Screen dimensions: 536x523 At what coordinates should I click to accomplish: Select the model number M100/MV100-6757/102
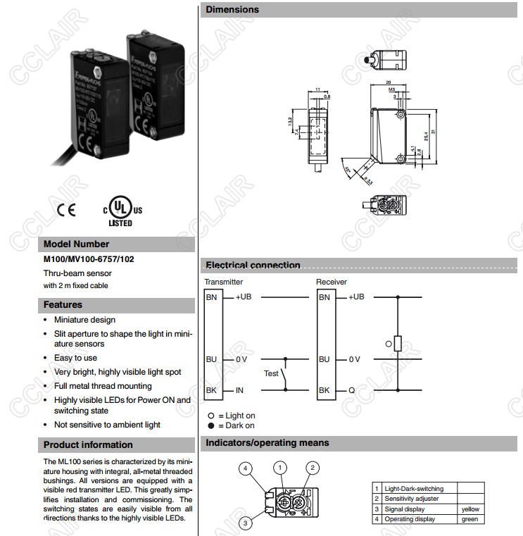[89, 259]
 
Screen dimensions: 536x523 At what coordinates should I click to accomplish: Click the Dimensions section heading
[232, 10]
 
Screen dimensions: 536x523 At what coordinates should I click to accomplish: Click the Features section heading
[63, 305]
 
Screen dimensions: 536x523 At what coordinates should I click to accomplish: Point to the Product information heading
[88, 444]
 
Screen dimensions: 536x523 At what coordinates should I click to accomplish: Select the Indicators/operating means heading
[267, 443]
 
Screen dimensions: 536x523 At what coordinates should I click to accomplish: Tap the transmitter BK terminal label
[211, 390]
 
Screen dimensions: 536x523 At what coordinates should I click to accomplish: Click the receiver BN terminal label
[324, 297]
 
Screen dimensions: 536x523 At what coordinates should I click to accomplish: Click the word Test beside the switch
[271, 373]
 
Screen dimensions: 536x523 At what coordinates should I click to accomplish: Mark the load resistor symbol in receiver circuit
[398, 343]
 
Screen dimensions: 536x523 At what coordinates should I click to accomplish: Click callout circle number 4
[245, 468]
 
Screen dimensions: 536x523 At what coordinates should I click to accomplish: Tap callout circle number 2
[314, 467]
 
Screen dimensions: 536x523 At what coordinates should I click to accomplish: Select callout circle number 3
[245, 522]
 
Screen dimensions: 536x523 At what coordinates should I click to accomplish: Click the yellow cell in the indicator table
[470, 509]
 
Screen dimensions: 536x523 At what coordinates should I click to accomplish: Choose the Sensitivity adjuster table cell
[411, 499]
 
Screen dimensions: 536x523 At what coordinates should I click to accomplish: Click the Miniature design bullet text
[84, 320]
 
